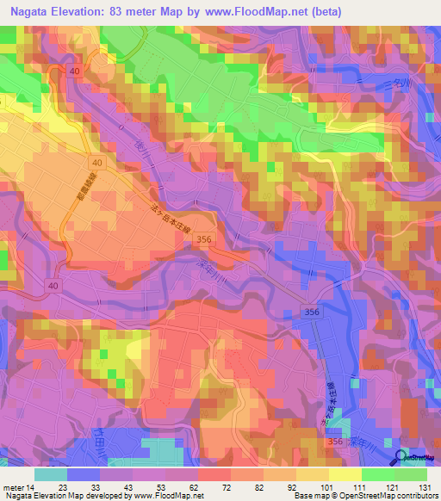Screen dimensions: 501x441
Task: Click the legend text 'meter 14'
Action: [18, 486]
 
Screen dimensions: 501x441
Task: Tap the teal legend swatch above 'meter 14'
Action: [51, 474]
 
